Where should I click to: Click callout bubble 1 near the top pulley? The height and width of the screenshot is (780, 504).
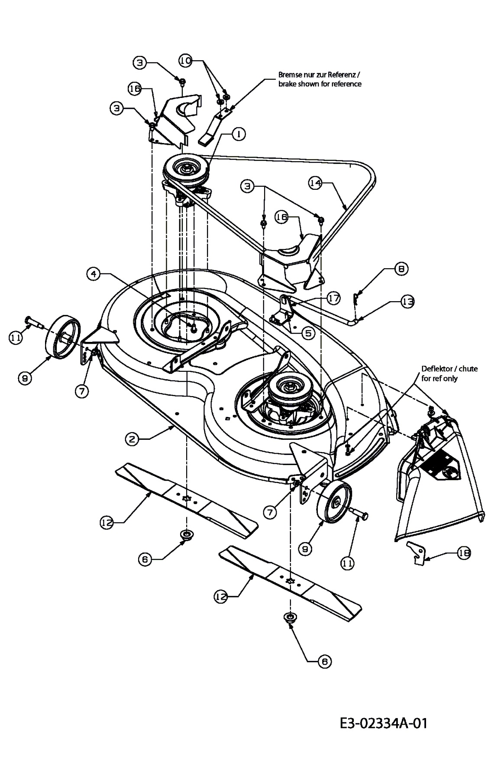(x=238, y=134)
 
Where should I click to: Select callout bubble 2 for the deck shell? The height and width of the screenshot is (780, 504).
(x=132, y=439)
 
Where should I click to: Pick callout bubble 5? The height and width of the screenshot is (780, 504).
(x=308, y=333)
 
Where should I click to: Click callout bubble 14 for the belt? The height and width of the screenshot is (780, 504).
(x=315, y=183)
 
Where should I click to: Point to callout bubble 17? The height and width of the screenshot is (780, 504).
(x=333, y=298)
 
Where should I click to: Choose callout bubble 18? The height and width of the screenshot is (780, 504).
(x=464, y=553)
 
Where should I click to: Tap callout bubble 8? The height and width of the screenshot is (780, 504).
(x=401, y=269)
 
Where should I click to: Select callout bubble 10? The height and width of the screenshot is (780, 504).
(x=186, y=62)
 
